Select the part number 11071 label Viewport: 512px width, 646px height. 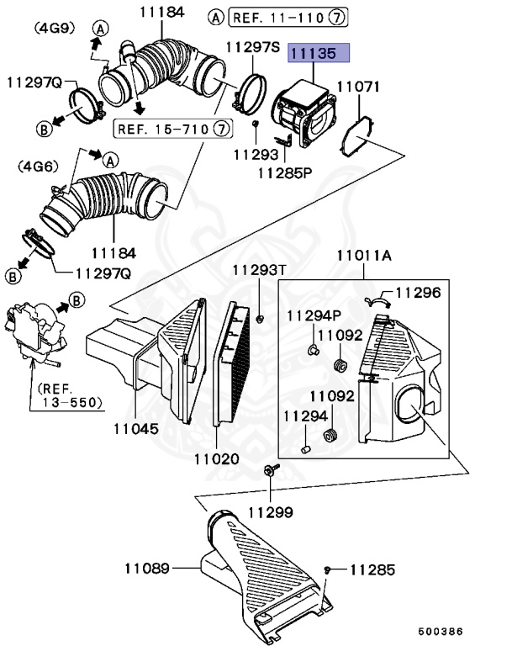pos(359,87)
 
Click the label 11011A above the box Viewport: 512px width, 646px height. pos(364,254)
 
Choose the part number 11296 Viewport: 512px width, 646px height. pos(418,293)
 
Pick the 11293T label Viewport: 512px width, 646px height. pos(259,269)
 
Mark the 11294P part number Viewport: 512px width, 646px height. pos(312,315)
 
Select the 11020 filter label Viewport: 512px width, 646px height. pos(216,459)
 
